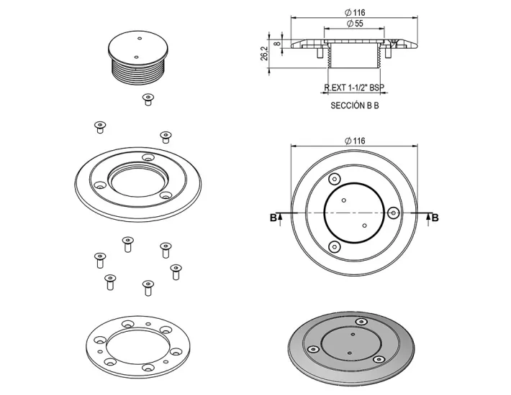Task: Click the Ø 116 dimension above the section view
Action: (x=354, y=11)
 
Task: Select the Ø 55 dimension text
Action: (x=354, y=24)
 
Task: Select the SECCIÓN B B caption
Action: (x=354, y=105)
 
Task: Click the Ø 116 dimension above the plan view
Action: (x=354, y=140)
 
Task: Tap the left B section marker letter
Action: (x=273, y=218)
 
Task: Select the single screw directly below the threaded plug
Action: (x=148, y=99)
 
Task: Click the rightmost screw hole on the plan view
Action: (x=393, y=213)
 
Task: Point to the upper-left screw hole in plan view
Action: (x=333, y=180)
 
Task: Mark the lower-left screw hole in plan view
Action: (x=333, y=247)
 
